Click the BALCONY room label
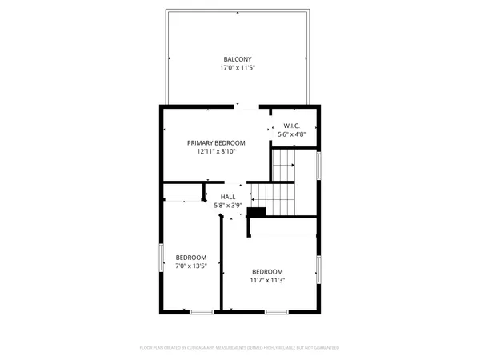tap(238, 59)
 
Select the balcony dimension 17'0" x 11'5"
tap(238, 69)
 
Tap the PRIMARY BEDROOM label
tap(216, 142)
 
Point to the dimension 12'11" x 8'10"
tap(216, 152)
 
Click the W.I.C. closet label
tap(291, 126)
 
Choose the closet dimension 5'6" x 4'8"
tap(291, 135)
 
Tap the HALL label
tap(228, 196)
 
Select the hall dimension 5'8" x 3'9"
tap(228, 206)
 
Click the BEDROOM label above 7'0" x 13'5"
tap(191, 258)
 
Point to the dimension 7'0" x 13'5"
tap(191, 266)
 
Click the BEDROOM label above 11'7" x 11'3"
tap(267, 271)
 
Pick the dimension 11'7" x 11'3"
tap(267, 281)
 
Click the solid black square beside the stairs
tap(257, 212)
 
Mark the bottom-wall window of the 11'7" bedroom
tap(277, 310)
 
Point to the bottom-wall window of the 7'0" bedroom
tap(202, 310)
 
